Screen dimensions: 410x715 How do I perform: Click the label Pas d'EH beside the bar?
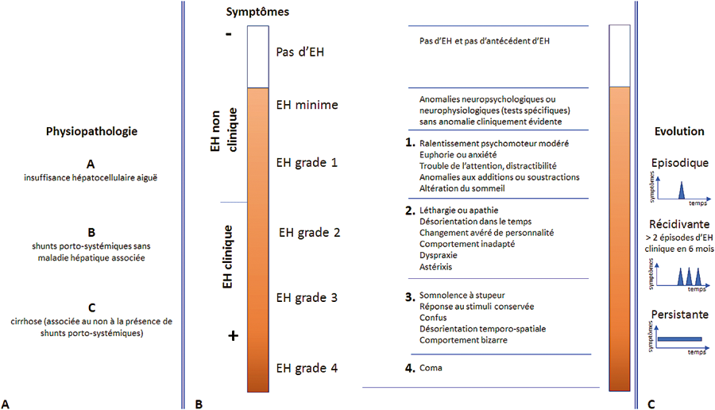(300, 52)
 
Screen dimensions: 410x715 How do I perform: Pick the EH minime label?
(306, 104)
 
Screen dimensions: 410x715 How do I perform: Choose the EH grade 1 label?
(307, 162)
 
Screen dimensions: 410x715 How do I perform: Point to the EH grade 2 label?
(311, 234)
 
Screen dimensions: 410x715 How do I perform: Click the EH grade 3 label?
(307, 297)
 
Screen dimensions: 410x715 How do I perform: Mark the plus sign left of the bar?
(233, 336)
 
